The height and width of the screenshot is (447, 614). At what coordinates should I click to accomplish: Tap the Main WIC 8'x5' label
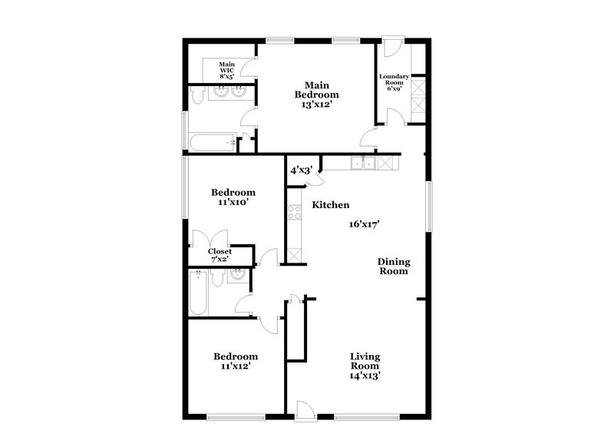226,70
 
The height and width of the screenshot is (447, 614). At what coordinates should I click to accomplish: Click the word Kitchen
330,205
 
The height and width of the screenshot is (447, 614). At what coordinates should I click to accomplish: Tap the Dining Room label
392,266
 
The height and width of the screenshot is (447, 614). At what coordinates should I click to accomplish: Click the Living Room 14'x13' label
366,366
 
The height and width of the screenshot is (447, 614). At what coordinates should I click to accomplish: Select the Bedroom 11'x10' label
234,197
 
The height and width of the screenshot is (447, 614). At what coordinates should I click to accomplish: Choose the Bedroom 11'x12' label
236,361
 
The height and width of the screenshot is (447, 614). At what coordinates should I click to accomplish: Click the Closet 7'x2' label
221,255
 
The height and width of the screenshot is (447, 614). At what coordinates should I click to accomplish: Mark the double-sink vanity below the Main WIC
229,93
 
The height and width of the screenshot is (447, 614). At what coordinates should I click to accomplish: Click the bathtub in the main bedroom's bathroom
212,142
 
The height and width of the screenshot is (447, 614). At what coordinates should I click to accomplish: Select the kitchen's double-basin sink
364,162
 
